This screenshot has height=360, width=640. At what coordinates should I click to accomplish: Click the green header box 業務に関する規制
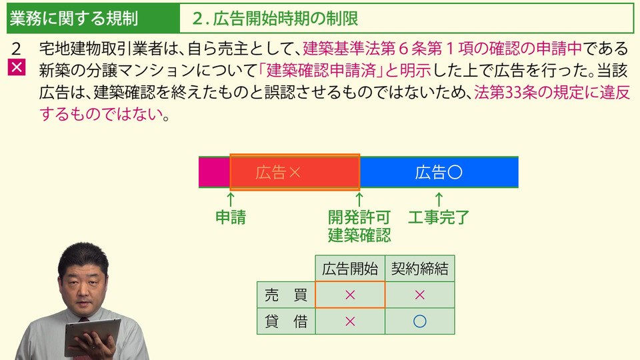coord(93,19)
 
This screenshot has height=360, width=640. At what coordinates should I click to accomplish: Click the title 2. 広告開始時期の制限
coord(275,19)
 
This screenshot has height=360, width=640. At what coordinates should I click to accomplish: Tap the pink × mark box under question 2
coord(16,67)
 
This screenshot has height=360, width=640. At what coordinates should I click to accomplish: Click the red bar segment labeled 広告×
coord(295,172)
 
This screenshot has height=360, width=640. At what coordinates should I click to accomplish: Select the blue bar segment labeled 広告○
coord(439,172)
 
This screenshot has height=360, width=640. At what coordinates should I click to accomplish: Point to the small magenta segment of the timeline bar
coord(214,172)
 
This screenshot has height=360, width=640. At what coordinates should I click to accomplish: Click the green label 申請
coord(231,217)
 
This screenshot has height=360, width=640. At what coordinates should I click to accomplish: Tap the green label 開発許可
coord(359,217)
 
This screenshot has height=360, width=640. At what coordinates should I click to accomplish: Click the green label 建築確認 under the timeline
coord(359,235)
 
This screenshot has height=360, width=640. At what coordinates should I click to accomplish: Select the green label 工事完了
coord(439,217)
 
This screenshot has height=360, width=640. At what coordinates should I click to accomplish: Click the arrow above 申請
coord(231,199)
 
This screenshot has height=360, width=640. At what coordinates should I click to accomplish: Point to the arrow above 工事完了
coord(439,199)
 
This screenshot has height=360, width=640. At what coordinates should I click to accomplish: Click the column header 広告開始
coord(350,269)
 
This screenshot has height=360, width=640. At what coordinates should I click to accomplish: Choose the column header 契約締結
coord(419,269)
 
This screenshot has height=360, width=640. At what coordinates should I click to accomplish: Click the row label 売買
coord(286,295)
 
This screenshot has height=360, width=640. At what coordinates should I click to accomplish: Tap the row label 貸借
coord(286,321)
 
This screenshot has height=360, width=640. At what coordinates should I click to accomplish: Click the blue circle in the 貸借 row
coord(419,321)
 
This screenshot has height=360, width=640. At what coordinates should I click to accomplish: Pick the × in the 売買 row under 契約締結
coord(419,295)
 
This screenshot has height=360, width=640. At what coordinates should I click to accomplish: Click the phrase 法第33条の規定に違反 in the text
coord(552,92)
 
